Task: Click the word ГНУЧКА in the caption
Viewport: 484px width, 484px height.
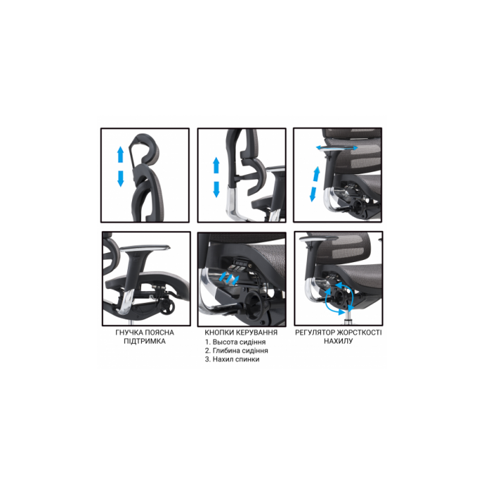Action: (129, 333)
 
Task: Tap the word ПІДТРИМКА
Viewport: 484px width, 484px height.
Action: (145, 341)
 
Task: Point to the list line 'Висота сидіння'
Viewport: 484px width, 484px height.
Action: (239, 342)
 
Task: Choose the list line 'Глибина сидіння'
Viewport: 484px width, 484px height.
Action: (240, 351)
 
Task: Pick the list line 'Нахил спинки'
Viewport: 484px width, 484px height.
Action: (236, 360)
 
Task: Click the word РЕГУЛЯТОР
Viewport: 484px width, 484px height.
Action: (315, 333)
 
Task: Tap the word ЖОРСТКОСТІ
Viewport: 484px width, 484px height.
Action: (360, 333)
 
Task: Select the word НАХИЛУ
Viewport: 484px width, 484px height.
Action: (338, 341)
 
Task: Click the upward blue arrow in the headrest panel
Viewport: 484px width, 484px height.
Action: (120, 155)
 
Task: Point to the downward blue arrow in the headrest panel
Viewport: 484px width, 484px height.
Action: (120, 178)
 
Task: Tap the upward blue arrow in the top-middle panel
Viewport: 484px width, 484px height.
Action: (216, 165)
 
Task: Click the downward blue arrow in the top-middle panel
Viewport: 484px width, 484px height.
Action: (216, 189)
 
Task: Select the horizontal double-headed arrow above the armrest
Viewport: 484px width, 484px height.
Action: (337, 148)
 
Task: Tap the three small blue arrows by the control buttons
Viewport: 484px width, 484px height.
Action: (228, 278)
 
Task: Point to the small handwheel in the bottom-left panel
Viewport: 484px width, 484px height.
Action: (167, 307)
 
